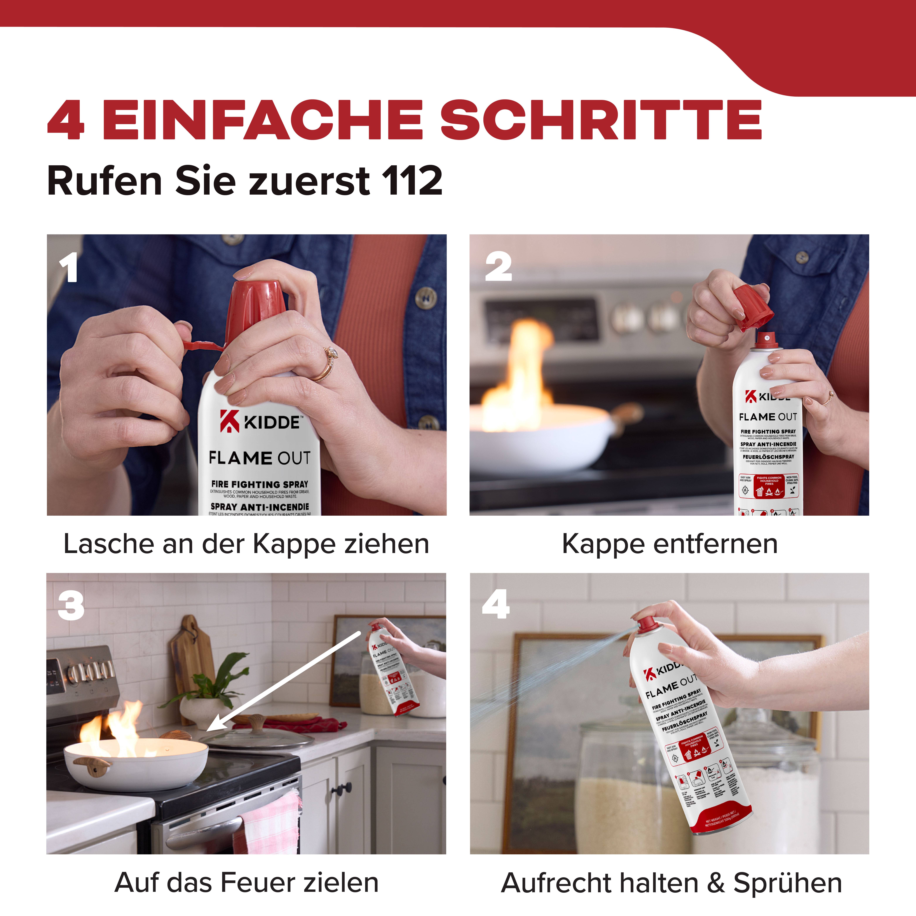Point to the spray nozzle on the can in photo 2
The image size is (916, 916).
click(767, 338)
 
